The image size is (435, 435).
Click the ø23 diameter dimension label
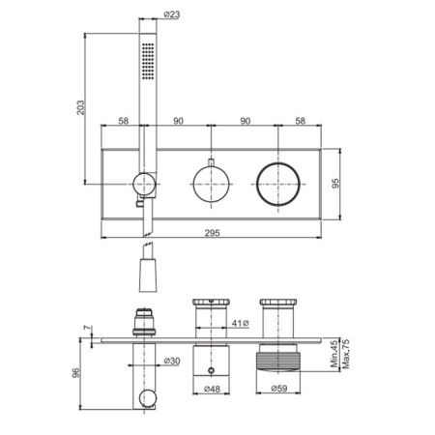[172, 14]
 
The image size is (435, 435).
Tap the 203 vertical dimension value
[80, 107]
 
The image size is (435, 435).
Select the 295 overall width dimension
[213, 233]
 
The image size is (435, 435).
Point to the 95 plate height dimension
[335, 184]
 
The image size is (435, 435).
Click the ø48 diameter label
[212, 389]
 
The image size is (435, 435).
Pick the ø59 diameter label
[279, 389]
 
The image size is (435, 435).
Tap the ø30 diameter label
[172, 361]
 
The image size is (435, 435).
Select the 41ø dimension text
[241, 323]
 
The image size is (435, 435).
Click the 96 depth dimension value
[76, 373]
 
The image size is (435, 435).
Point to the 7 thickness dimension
[87, 328]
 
